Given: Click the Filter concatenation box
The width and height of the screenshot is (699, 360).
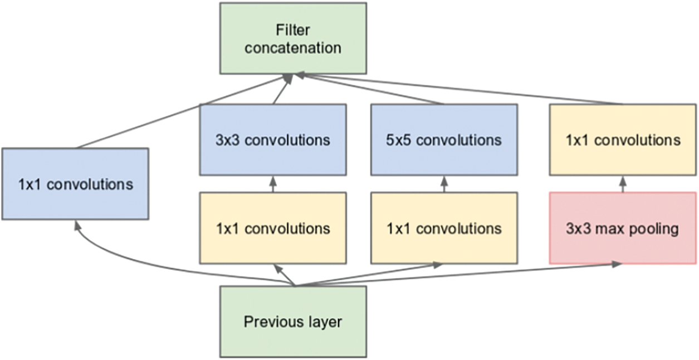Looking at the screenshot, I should click(293, 38).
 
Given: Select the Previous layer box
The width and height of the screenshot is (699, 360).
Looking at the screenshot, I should click(293, 322).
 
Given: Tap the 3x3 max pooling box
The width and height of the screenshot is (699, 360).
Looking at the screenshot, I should click(622, 228).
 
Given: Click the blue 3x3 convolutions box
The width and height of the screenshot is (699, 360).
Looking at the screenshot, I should click(273, 139).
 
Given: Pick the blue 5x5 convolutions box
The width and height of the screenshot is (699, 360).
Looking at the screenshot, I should click(444, 139).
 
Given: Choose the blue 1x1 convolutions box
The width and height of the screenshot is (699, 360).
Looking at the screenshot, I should click(75, 183).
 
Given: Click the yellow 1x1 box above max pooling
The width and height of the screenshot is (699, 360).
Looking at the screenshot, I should click(622, 139).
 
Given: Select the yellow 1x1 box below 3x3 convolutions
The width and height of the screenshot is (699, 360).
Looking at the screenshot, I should click(273, 228).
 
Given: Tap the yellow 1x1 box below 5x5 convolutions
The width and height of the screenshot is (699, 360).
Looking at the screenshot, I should click(444, 228).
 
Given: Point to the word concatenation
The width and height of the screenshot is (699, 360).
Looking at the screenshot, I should click(293, 48).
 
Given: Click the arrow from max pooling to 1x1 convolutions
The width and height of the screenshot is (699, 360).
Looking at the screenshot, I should click(622, 183).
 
